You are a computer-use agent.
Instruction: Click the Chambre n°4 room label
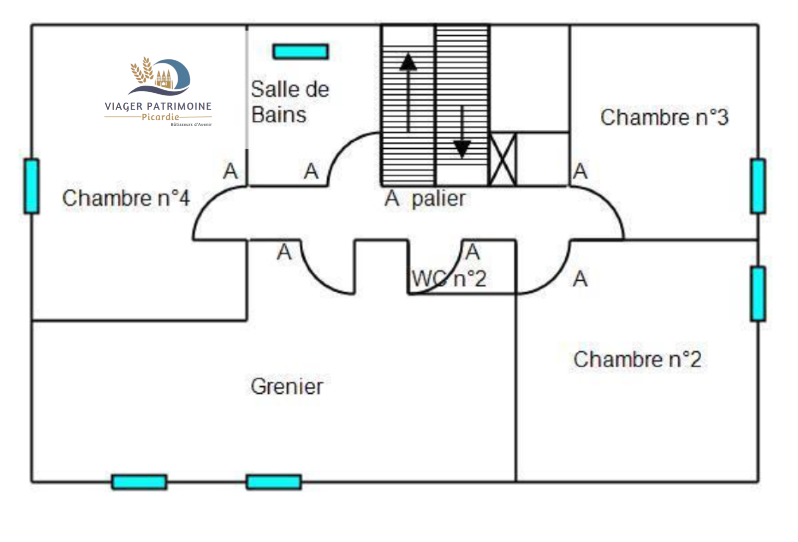click(x=126, y=198)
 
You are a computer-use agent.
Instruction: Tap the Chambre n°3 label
click(x=664, y=117)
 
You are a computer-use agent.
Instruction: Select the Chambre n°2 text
click(x=637, y=359)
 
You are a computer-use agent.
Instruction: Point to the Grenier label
click(x=287, y=386)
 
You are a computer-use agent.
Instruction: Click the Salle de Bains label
click(x=289, y=102)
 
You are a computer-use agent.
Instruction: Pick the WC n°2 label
click(x=449, y=278)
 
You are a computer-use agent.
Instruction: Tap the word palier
click(x=438, y=199)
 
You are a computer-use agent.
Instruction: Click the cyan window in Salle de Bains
click(x=301, y=51)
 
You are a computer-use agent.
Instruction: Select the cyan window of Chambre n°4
click(x=31, y=186)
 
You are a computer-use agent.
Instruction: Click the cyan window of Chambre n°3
click(x=758, y=186)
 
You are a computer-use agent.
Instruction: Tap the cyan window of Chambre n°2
click(x=758, y=293)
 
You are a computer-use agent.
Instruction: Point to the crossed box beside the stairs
click(x=502, y=159)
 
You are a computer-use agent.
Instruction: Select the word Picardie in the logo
click(x=160, y=117)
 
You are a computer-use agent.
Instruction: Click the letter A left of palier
click(x=392, y=199)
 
